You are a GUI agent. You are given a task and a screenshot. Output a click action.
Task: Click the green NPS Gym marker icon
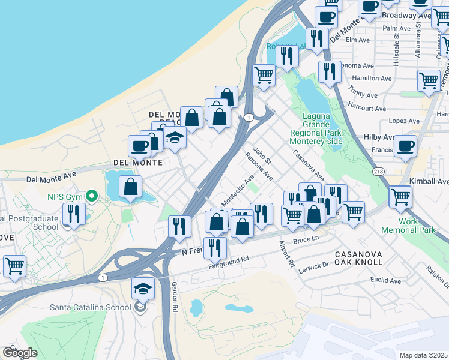tap(91, 196)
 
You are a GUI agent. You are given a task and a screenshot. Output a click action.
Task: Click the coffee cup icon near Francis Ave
tap(406, 146)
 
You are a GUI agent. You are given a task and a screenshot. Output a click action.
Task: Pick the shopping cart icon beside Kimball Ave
tap(400, 196)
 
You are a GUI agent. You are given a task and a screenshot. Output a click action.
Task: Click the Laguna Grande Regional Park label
tap(315, 128)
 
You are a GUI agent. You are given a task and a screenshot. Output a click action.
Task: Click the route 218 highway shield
tap(378, 172)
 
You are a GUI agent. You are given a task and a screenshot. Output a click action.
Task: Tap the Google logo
tap(20, 353)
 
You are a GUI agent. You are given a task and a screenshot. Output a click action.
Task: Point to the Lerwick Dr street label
tap(315, 265)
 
